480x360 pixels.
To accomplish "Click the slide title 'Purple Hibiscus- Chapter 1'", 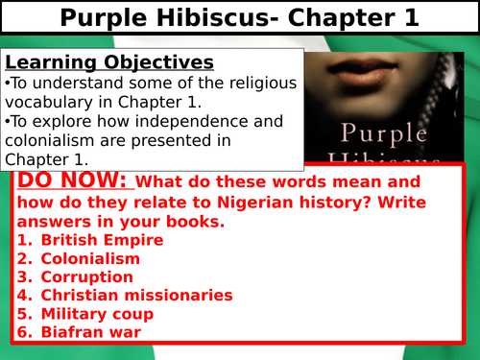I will pos(239,18).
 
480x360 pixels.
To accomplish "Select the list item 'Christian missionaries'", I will pos(137,295).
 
